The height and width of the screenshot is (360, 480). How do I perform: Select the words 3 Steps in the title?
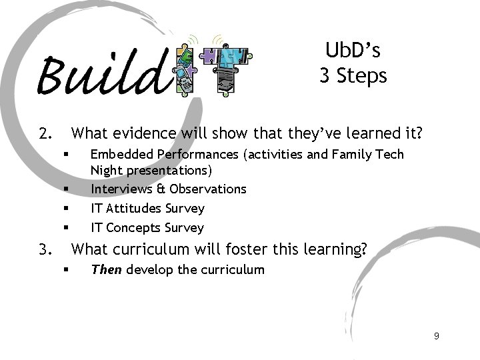(x=353, y=76)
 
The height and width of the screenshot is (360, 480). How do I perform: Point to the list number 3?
(x=45, y=250)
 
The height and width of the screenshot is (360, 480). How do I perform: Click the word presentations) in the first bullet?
(x=169, y=171)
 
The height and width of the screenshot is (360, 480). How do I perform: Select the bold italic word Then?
(x=106, y=270)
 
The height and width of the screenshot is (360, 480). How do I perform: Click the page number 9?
(x=436, y=336)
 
